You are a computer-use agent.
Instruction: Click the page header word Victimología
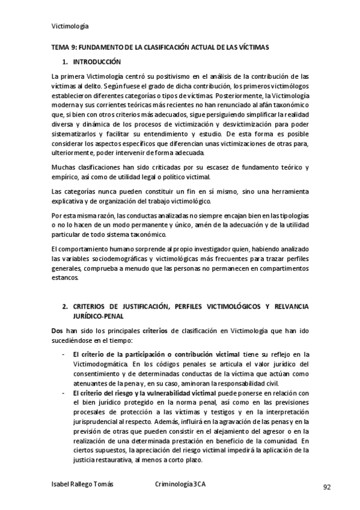click(71, 26)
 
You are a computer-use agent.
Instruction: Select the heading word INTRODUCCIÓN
click(97, 62)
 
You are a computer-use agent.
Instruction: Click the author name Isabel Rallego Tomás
click(82, 484)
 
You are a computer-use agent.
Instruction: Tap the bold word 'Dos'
click(57, 331)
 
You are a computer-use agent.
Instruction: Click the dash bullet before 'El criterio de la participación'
click(64, 355)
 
